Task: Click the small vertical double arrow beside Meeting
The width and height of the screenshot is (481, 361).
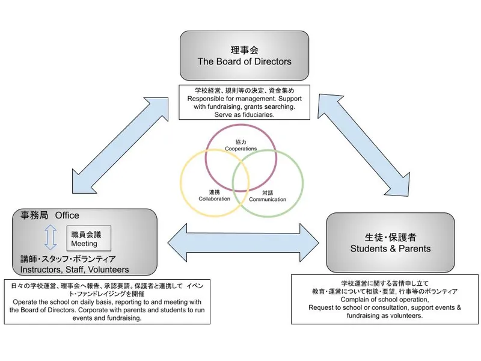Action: point(51,238)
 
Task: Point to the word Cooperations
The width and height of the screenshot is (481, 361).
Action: point(240,148)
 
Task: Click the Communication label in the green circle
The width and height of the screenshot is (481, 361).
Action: point(268,199)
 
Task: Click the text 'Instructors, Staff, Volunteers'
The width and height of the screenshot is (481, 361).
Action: point(75,269)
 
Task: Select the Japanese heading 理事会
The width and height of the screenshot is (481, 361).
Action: point(244,49)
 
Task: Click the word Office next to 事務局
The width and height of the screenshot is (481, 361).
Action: point(67,215)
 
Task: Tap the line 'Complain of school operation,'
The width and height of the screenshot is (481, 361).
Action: point(385,299)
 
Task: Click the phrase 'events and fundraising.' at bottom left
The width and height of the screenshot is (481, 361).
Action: point(106,318)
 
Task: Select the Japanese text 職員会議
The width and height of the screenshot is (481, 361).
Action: point(87,235)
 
